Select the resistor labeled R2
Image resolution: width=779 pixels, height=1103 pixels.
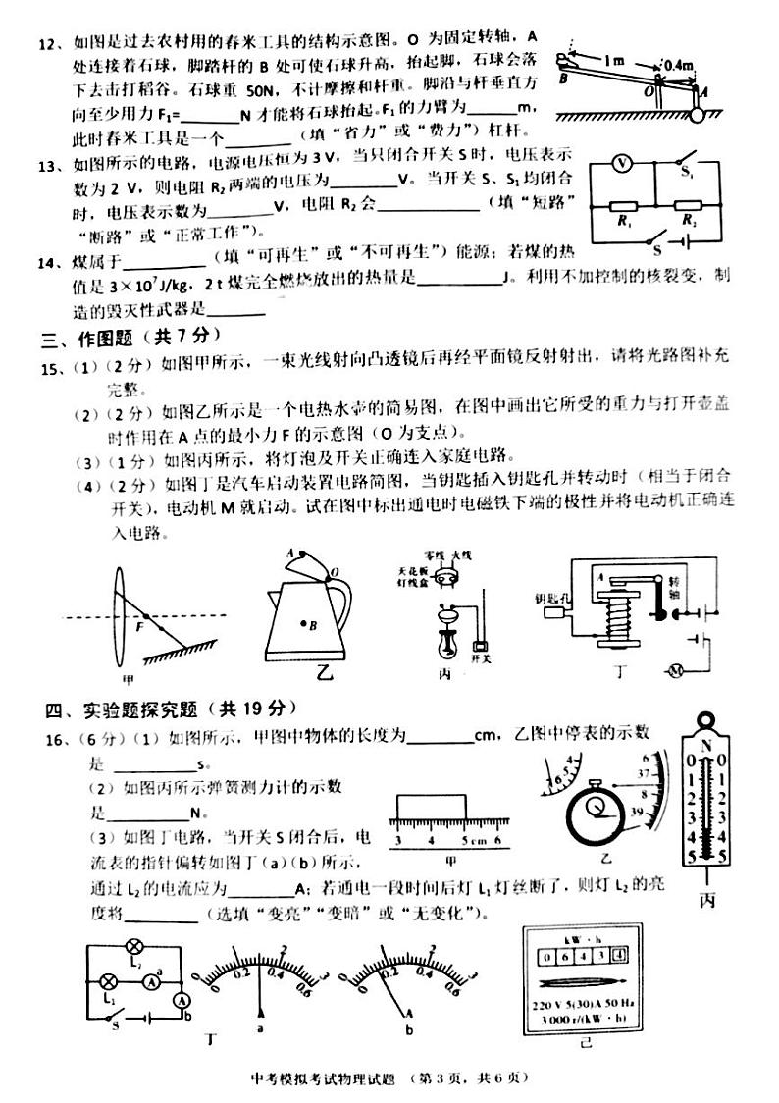(x=690, y=208)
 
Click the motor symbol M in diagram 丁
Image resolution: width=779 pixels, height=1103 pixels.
(x=674, y=670)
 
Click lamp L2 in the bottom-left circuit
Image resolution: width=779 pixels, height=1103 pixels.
(x=134, y=947)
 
